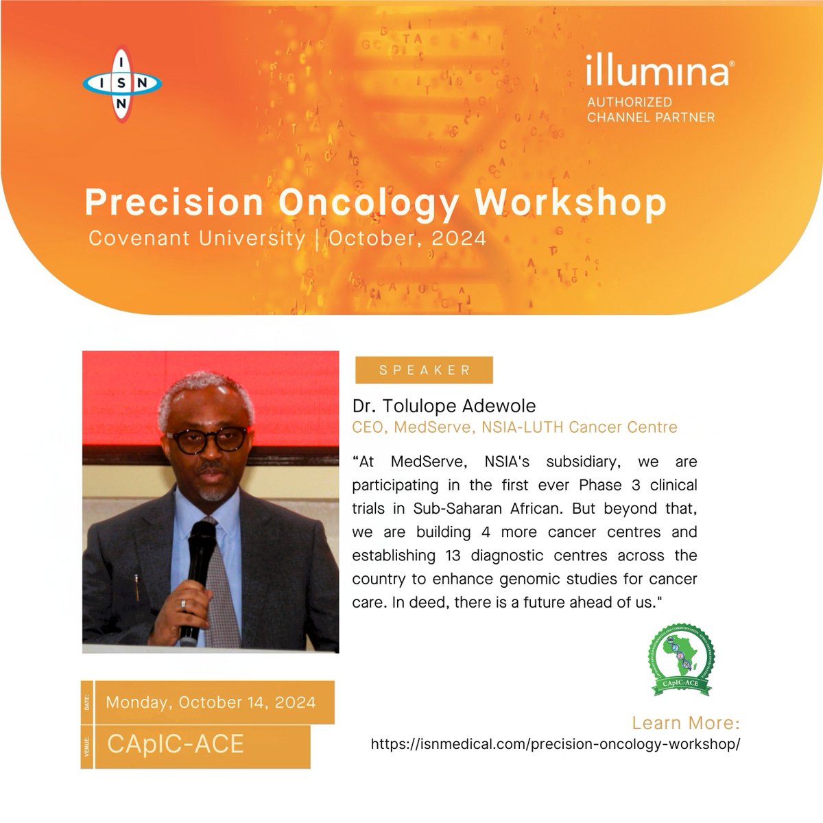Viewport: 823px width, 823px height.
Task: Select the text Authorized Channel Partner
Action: tap(650, 109)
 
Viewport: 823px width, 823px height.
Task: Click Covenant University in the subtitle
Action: tap(197, 238)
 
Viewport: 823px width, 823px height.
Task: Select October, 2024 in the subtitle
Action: tap(407, 238)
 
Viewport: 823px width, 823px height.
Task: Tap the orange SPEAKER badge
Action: tap(424, 370)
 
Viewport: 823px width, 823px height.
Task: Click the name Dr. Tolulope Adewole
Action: tap(444, 406)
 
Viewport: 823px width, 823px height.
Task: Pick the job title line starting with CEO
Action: tap(514, 427)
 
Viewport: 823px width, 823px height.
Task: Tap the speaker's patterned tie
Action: tap(221, 583)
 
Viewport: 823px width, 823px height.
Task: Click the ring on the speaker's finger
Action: tap(182, 604)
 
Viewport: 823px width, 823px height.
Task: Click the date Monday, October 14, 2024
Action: tap(211, 702)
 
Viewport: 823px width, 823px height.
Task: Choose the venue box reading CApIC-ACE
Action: tap(176, 745)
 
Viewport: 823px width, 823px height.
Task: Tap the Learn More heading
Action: tap(685, 723)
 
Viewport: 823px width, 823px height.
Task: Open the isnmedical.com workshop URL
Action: tap(556, 744)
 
